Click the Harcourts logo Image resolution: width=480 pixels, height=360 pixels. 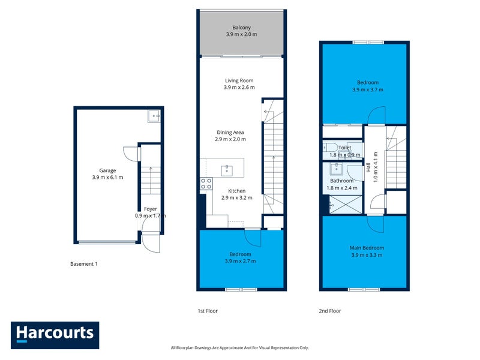[55, 335]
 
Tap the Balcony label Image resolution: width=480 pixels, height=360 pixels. [242, 28]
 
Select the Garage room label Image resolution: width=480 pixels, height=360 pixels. [107, 170]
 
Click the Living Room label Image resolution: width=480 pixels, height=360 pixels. [239, 80]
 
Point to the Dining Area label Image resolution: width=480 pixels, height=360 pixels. [230, 132]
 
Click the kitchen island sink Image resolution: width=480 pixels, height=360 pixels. [227, 171]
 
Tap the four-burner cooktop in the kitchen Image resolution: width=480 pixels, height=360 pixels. [206, 184]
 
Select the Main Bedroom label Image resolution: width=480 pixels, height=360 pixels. [367, 248]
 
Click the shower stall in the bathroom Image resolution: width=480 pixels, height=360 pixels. [346, 204]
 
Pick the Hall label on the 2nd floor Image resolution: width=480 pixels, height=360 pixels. [368, 167]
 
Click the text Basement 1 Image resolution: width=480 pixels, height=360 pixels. [83, 264]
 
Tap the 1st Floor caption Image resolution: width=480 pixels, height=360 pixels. [208, 311]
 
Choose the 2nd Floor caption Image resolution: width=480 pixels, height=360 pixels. [329, 311]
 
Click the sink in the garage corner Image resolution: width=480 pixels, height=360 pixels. [154, 116]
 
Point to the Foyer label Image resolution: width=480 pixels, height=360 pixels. [151, 209]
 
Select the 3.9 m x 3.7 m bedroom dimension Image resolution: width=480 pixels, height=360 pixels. [368, 89]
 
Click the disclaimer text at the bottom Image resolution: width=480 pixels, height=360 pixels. [239, 348]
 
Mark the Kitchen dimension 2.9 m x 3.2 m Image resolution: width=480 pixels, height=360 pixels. [236, 198]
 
